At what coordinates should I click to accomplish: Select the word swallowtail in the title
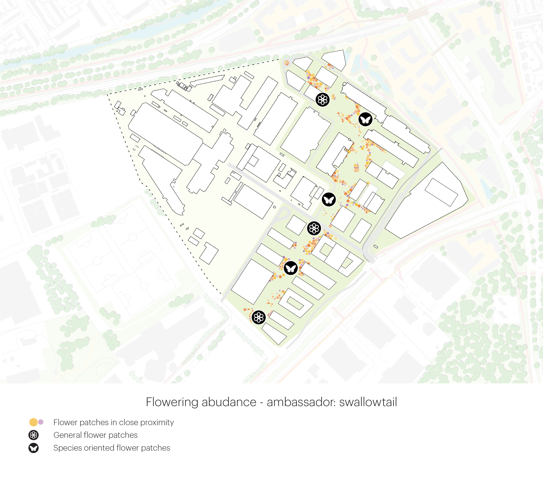pos(368,402)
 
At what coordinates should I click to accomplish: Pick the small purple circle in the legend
pos(41,422)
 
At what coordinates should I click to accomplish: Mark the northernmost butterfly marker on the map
pos(365,119)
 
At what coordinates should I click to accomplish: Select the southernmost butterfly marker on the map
pos(291,268)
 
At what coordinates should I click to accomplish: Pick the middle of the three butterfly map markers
pos(329,199)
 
